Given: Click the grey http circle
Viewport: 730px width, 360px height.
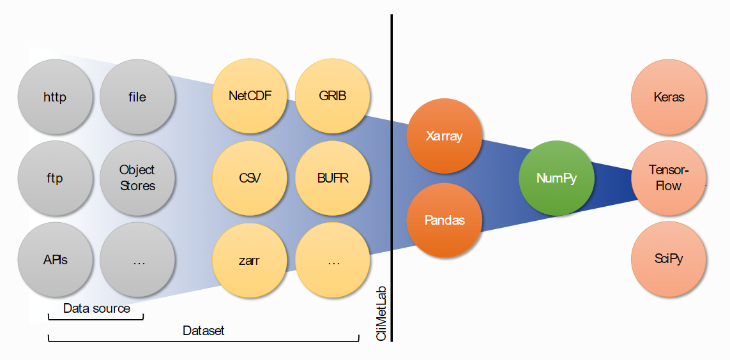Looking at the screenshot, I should (x=56, y=97).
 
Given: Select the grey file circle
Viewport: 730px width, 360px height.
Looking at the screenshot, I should (x=137, y=97).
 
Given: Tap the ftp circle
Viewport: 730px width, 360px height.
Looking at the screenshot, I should (x=56, y=178).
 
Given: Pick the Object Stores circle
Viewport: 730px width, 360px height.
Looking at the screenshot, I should (x=137, y=178).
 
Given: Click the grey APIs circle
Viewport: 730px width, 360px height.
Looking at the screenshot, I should (x=56, y=260).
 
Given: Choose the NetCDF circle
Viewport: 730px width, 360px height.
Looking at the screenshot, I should (x=250, y=96).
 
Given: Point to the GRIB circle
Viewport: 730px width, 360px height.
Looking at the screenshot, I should (x=333, y=96).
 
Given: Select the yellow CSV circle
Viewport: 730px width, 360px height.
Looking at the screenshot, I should (x=250, y=178).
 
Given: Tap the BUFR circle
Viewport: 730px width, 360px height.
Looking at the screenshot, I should (x=333, y=178).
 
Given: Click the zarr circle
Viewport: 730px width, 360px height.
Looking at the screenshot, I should (x=250, y=260).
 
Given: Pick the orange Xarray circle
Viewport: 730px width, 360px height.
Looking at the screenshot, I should (x=445, y=136).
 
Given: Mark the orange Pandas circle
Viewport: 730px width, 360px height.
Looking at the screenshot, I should (x=445, y=220).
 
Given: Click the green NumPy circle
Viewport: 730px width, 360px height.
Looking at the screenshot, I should (x=556, y=178).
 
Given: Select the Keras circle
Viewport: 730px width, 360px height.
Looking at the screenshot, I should (x=669, y=97).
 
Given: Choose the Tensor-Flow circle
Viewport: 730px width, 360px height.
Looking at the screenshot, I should (x=669, y=178).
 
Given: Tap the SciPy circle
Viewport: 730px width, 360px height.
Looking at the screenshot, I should (x=669, y=260).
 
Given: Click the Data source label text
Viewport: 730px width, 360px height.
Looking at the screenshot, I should (x=96, y=308).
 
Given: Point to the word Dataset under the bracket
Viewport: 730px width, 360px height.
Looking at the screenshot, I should (x=204, y=331).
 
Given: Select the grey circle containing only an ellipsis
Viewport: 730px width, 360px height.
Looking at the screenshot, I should (x=137, y=260).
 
